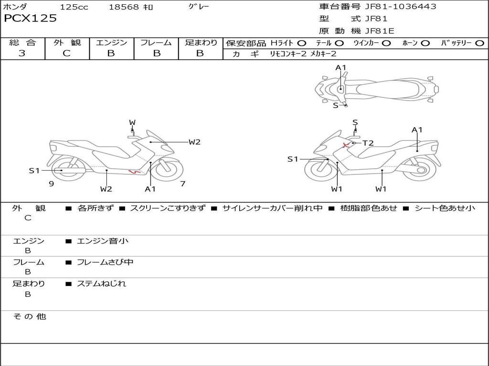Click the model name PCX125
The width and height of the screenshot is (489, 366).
(30, 19)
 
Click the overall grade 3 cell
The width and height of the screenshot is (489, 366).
(22, 53)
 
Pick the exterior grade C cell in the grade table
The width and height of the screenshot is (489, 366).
(67, 53)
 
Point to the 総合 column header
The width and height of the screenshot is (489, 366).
(22, 42)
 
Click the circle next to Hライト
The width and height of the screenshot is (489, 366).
(302, 43)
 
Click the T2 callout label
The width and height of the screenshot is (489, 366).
(368, 143)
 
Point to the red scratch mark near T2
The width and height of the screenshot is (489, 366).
(344, 144)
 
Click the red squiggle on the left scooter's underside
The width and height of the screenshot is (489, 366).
(134, 172)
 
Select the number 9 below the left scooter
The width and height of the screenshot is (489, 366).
(51, 184)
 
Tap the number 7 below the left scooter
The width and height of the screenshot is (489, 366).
(182, 184)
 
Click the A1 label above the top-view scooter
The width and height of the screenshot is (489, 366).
(340, 68)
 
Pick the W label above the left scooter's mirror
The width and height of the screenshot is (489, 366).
(132, 123)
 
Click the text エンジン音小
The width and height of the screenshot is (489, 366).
(103, 241)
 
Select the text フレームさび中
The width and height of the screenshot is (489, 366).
(105, 262)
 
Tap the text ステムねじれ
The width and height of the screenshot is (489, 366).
(102, 284)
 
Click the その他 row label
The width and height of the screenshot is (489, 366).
(29, 316)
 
